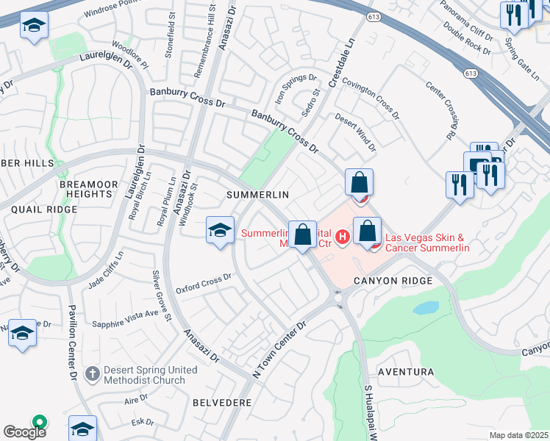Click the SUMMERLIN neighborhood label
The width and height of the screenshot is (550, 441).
[x=256, y=194]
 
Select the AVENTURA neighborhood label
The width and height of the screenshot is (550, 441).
[x=405, y=372]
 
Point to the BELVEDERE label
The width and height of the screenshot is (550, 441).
[x=222, y=403]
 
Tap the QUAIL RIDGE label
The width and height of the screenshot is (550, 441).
[x=44, y=209]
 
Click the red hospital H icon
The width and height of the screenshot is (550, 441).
[x=341, y=237]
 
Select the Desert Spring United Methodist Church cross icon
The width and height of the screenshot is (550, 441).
[x=91, y=374]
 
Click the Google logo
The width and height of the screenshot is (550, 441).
[x=24, y=431]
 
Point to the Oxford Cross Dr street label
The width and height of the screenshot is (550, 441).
[x=204, y=279]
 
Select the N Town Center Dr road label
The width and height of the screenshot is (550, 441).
[x=279, y=349]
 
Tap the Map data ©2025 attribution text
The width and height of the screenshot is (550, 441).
[x=518, y=435]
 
